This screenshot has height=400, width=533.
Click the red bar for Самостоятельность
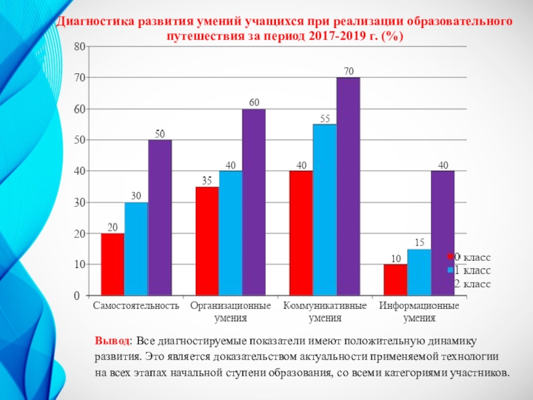[x=113, y=264]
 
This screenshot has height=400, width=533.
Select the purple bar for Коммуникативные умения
[x=348, y=187]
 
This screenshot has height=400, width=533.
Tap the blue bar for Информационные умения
[x=419, y=272]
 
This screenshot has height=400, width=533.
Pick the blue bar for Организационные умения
[x=231, y=233]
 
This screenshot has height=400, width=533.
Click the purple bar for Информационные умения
[x=442, y=233]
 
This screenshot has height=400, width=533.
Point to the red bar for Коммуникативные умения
[x=300, y=233]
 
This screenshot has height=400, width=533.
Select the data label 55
[x=325, y=118]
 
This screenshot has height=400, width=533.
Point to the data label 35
[x=207, y=180]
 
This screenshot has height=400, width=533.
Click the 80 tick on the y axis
[x=80, y=47]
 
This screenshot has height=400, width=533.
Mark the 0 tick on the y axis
[x=83, y=295]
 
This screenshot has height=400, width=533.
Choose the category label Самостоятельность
[x=136, y=307]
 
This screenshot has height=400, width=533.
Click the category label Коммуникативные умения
[x=324, y=312]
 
